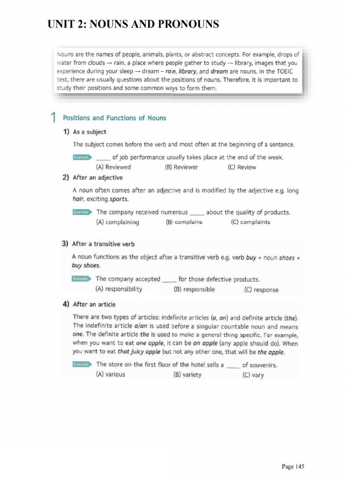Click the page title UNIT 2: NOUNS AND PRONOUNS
pos(133,24)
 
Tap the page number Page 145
pos(293,466)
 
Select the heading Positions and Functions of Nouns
pos(114,118)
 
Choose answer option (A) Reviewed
pos(113,167)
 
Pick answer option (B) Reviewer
pos(181,167)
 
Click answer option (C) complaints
pos(251,222)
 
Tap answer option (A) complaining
pos(117,222)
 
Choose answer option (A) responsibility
pos(119,289)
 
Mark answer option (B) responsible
pos(194,289)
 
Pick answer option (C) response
pos(261,290)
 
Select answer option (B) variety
pos(187,375)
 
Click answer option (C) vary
pos(253,375)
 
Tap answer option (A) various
pos(110,375)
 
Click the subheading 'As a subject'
pos(89,132)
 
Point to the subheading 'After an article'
pos(94,304)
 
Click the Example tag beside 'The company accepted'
pos(81,279)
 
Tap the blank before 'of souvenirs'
pos(233,366)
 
